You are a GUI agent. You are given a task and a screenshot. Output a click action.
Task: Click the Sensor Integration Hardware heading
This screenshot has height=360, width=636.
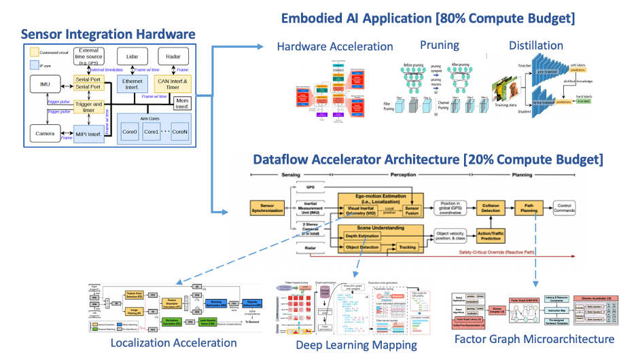click(108, 34)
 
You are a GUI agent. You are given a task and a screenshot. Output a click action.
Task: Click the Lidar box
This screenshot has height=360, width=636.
click(132, 57)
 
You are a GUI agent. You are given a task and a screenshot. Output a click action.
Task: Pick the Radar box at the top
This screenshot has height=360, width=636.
click(173, 57)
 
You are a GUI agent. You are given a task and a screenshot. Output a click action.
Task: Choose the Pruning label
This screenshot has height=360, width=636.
click(439, 45)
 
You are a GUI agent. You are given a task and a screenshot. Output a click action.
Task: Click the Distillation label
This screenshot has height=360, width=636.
click(535, 46)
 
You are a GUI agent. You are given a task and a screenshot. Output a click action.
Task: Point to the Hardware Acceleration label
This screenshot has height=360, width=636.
click(335, 46)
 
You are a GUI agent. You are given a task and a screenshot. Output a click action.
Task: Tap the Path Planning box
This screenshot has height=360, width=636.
click(529, 209)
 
